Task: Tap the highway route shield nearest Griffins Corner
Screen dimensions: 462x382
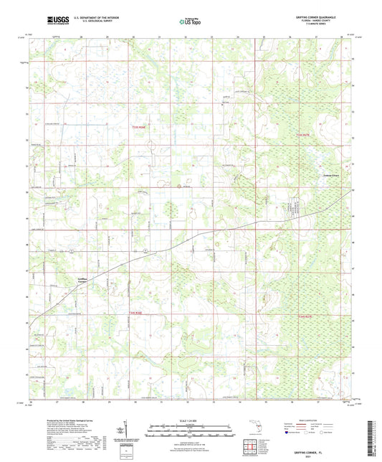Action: (72, 250)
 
